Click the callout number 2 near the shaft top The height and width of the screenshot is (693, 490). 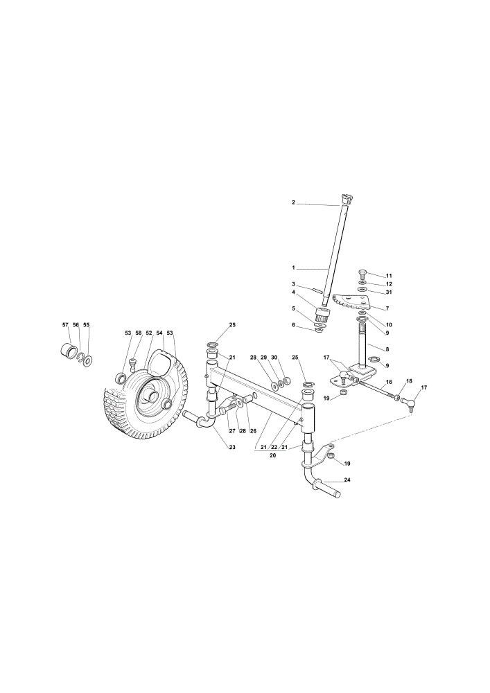tap(293, 202)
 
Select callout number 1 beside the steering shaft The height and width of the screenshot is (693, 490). tap(293, 267)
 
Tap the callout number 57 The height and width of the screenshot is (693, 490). tap(65, 324)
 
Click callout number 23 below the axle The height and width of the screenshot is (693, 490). tap(232, 447)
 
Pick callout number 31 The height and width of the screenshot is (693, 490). tap(388, 292)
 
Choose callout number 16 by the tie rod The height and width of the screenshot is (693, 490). tap(389, 382)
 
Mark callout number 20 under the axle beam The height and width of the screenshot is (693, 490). tap(272, 455)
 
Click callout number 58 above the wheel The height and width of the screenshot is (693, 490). tap(139, 333)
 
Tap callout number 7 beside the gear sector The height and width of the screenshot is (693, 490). tap(387, 308)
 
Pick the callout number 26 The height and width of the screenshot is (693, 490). tap(253, 430)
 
